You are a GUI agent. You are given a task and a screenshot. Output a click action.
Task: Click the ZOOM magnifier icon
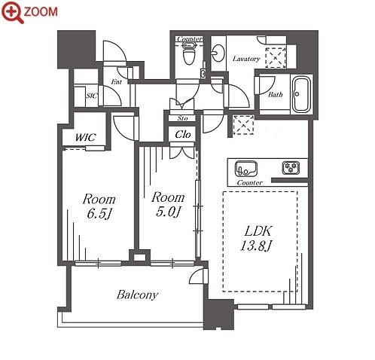[x=13, y=12]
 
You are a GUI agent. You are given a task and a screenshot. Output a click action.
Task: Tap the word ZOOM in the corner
[x=41, y=12]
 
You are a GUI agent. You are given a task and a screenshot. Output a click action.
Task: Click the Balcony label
[x=138, y=294]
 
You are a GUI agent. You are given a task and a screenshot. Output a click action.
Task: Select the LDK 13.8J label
[x=256, y=238]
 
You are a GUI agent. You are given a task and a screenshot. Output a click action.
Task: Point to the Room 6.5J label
[x=99, y=206]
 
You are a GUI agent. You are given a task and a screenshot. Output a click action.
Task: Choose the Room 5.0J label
[x=168, y=204]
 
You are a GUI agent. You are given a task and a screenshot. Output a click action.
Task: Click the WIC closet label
[x=86, y=137]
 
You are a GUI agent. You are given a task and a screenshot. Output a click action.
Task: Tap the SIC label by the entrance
[x=92, y=96]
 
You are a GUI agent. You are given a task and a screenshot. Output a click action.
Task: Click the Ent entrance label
[x=117, y=81]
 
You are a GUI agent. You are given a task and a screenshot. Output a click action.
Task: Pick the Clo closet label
[x=183, y=135]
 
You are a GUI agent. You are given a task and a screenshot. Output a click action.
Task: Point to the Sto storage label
[x=182, y=118]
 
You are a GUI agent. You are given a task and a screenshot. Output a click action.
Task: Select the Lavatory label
[x=246, y=59]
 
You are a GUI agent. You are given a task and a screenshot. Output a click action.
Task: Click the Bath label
[x=276, y=95]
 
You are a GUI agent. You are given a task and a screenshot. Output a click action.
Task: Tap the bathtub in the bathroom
[x=301, y=95]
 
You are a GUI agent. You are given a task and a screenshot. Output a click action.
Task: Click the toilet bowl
[x=189, y=55]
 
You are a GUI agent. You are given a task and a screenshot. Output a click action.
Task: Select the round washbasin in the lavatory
[x=218, y=53]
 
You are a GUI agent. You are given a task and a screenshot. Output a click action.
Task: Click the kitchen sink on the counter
[x=246, y=169]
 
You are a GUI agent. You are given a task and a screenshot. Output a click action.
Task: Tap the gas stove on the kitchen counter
[x=291, y=167]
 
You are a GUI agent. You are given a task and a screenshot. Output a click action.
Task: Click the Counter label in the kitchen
[x=250, y=182]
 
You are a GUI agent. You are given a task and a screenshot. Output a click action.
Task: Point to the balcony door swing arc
[x=197, y=274]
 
